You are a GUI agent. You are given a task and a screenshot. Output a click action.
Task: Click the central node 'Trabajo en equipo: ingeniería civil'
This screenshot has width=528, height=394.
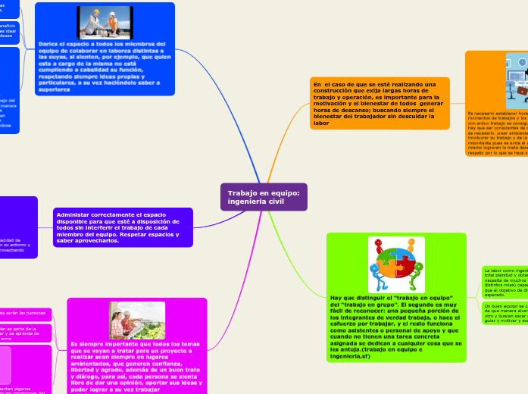pyautogui.click(x=263, y=197)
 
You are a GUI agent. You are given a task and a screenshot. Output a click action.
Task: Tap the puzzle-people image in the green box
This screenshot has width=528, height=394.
pyautogui.click(x=396, y=264)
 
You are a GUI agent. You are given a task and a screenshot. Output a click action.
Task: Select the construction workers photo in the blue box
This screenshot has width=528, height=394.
pyautogui.click(x=105, y=23)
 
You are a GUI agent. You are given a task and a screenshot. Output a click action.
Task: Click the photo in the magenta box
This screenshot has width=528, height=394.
pyautogui.click(x=136, y=320)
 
